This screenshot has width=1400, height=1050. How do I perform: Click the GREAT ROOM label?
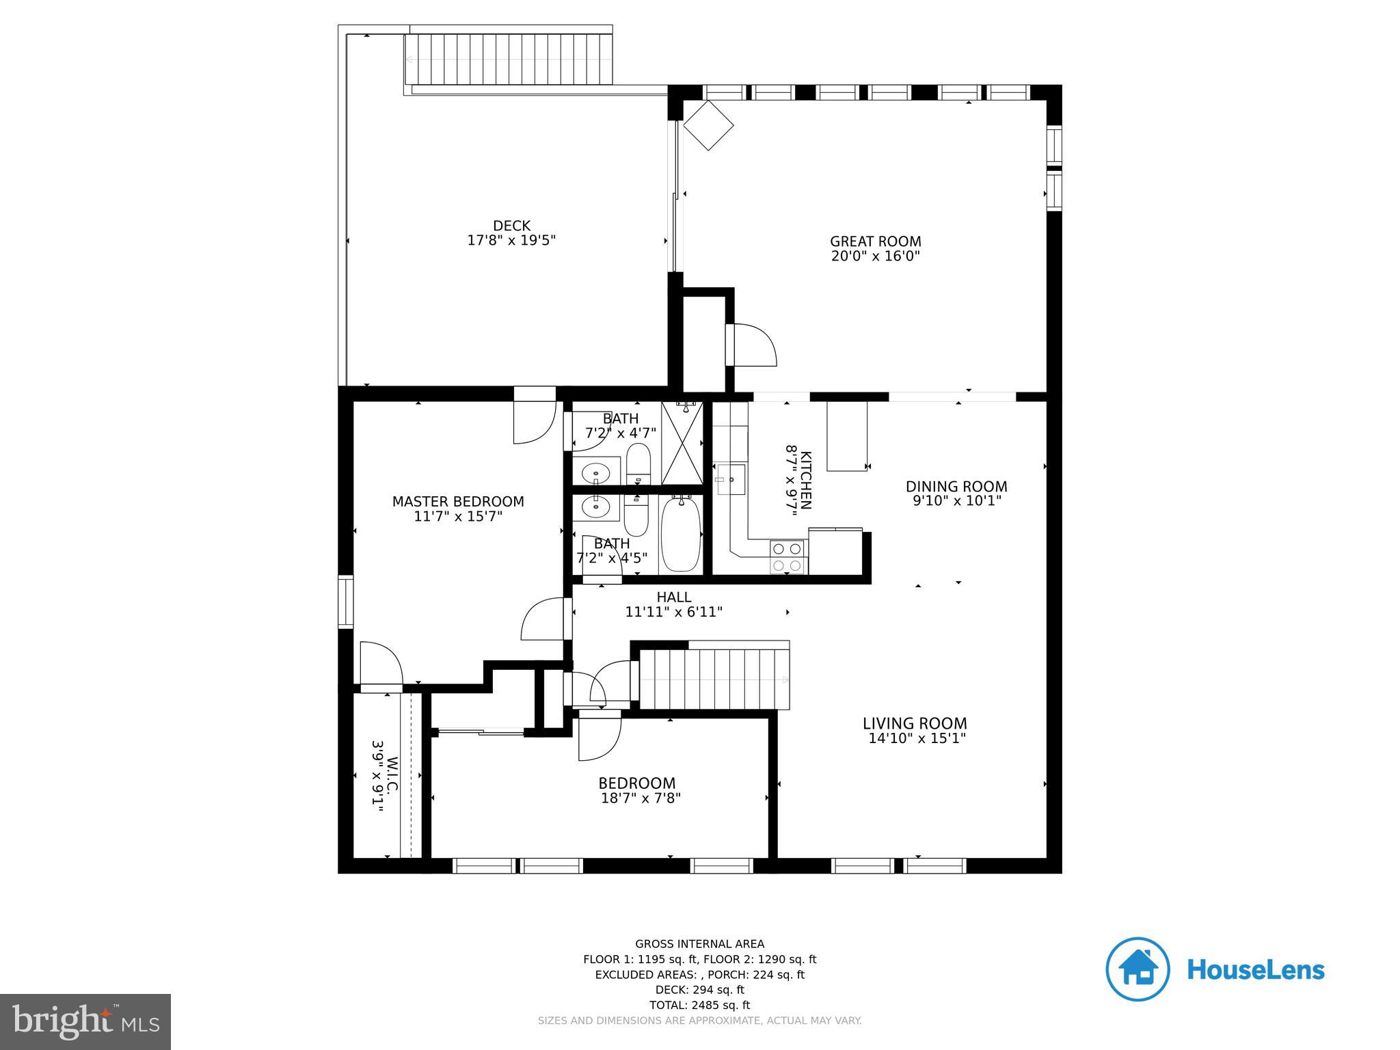click(875, 241)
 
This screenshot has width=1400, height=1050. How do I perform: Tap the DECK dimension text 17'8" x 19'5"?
click(511, 241)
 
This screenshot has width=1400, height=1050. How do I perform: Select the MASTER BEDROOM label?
click(458, 502)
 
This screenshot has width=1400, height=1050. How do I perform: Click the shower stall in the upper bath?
click(682, 443)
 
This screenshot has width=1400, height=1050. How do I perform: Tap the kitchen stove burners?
click(787, 557)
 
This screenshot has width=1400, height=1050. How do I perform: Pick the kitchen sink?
click(729, 479)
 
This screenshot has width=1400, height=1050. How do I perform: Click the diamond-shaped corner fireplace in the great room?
click(708, 125)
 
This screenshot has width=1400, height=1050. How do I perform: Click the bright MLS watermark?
click(85, 1021)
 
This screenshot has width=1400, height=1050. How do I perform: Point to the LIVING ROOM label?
click(915, 723)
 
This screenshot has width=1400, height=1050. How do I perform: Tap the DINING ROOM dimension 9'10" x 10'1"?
click(957, 501)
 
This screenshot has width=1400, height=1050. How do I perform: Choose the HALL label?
click(674, 597)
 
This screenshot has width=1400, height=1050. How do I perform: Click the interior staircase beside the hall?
click(714, 679)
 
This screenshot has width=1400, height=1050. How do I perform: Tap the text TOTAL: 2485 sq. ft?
click(700, 1005)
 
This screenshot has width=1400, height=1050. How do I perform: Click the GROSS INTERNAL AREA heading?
click(700, 944)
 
